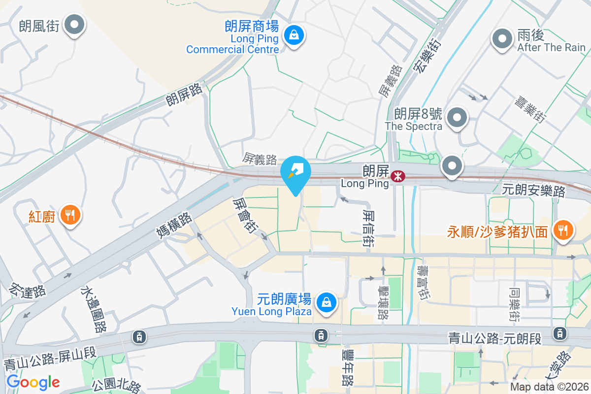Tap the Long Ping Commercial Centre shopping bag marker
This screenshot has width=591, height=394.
pyautogui.click(x=294, y=35)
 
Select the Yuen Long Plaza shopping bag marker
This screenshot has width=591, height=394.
pyautogui.click(x=326, y=302)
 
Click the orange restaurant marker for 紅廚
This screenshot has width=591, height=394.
pyautogui.click(x=70, y=215)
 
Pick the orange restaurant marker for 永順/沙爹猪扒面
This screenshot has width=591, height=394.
pyautogui.click(x=562, y=230)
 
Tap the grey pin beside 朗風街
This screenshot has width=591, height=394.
pyautogui.click(x=75, y=25)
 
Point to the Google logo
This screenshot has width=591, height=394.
pyautogui.click(x=33, y=382)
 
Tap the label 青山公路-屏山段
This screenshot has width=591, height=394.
pyautogui.click(x=50, y=359)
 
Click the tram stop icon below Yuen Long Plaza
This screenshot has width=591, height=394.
pyautogui.click(x=321, y=335)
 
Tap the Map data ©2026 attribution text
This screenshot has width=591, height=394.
pyautogui.click(x=549, y=387)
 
